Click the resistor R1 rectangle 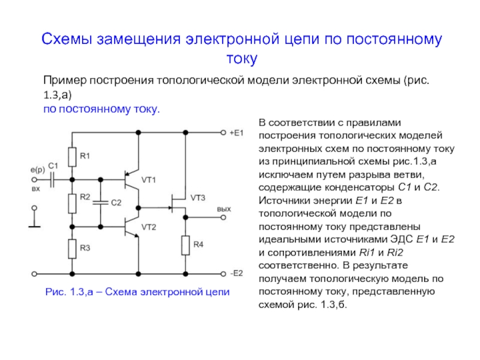[x=71, y=157]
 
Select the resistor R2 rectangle [x=71, y=203]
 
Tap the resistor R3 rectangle [x=71, y=247]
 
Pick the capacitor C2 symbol [x=101, y=203]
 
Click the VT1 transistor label [x=149, y=179]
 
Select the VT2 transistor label [x=149, y=226]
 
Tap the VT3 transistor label [x=198, y=197]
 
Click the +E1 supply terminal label [x=236, y=132]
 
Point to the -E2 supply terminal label [x=236, y=273]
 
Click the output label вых [x=223, y=208]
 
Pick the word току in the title [x=241, y=59]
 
